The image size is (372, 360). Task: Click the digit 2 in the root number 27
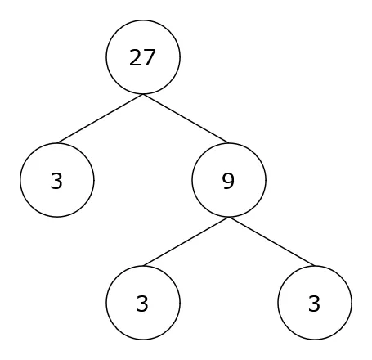[x=136, y=57]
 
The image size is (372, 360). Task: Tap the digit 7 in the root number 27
[x=150, y=57]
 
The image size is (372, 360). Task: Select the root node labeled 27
[x=143, y=57]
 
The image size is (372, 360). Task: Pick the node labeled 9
[x=229, y=180]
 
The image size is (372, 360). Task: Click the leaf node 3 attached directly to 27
[x=57, y=180]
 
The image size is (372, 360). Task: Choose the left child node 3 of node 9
[x=143, y=303]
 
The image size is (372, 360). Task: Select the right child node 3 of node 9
[x=315, y=303]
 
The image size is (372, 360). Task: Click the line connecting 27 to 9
[x=186, y=119]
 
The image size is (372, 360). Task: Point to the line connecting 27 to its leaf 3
[x=100, y=119]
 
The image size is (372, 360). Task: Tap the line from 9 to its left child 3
[x=186, y=241]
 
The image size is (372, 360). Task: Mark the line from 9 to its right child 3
[x=271, y=241]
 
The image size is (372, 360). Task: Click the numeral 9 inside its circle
[x=228, y=181]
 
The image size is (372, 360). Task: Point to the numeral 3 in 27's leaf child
[x=56, y=181]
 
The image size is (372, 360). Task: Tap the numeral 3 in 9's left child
[x=142, y=304]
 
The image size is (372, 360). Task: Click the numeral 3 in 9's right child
[x=314, y=304]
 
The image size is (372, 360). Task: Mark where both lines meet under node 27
[x=143, y=94]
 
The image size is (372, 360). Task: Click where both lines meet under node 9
[x=229, y=218]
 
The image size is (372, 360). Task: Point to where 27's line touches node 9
[x=229, y=143]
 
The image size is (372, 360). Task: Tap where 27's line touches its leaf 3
[x=57, y=143]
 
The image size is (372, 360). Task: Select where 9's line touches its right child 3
[x=315, y=266]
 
